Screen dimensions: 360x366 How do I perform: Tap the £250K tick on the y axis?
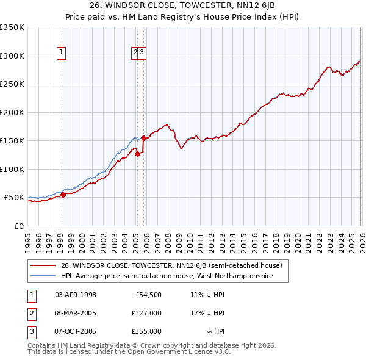12,84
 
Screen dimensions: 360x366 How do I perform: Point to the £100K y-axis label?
12,169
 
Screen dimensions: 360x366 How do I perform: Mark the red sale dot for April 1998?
63,195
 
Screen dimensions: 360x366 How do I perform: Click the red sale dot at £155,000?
143,138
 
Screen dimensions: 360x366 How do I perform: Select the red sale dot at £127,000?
137,154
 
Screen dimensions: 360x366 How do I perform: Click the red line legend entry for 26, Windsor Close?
171,265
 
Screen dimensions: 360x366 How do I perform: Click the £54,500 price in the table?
148,295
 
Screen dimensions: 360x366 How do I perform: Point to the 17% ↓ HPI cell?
207,313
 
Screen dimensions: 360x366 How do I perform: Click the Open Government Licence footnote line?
129,351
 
